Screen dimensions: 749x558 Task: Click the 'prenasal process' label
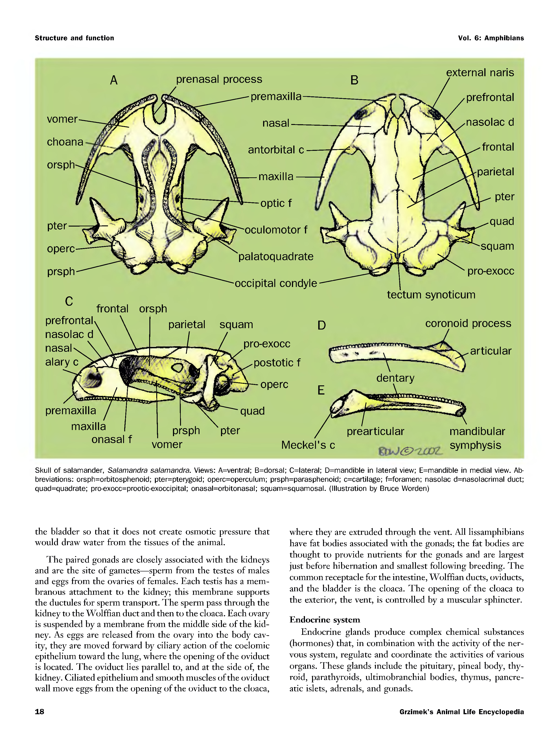pos(219,79)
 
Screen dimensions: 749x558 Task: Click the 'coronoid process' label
pos(468,323)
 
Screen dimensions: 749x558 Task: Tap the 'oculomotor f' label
pos(276,230)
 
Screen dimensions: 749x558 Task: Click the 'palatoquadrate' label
pos(276,257)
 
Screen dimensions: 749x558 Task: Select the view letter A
pos(114,80)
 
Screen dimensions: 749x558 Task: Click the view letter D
pos(322,325)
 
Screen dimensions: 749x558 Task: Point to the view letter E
pos(321,390)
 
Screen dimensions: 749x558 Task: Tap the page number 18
pos(40,711)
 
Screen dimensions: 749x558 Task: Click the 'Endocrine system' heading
pos(325,620)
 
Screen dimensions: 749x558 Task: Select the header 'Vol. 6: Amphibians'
pos(491,38)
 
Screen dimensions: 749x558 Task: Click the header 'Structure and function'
pos(74,38)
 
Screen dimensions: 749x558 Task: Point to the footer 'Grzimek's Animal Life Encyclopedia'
pos(461,712)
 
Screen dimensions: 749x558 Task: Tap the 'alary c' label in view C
pos(62,362)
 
